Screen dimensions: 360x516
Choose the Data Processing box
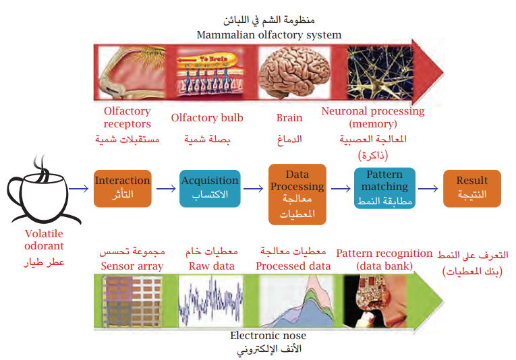point(297,193)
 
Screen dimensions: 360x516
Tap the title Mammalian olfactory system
point(268,34)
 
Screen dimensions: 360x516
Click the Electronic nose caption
point(268,335)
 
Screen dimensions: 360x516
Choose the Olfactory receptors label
point(127,117)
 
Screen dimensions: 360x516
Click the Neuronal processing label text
point(373,117)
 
